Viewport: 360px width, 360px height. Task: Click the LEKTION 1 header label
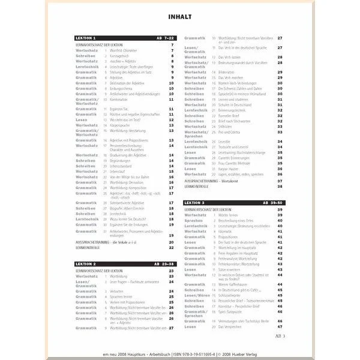tap(86, 37)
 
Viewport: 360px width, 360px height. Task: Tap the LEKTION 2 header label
tap(86, 263)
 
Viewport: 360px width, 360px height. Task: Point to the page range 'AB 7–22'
tap(164, 37)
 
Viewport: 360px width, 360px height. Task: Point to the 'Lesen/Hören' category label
tap(197, 295)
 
